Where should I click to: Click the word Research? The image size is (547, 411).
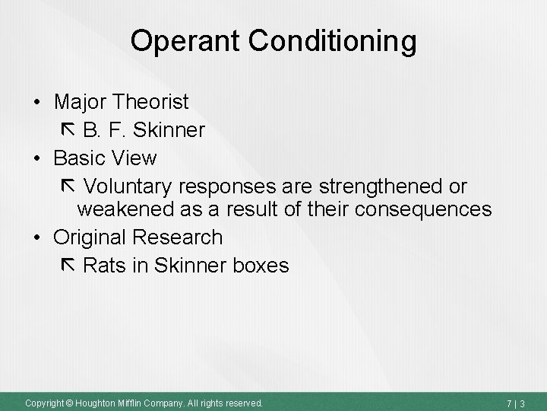tap(178, 237)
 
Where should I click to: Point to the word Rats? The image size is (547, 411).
tap(106, 266)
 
